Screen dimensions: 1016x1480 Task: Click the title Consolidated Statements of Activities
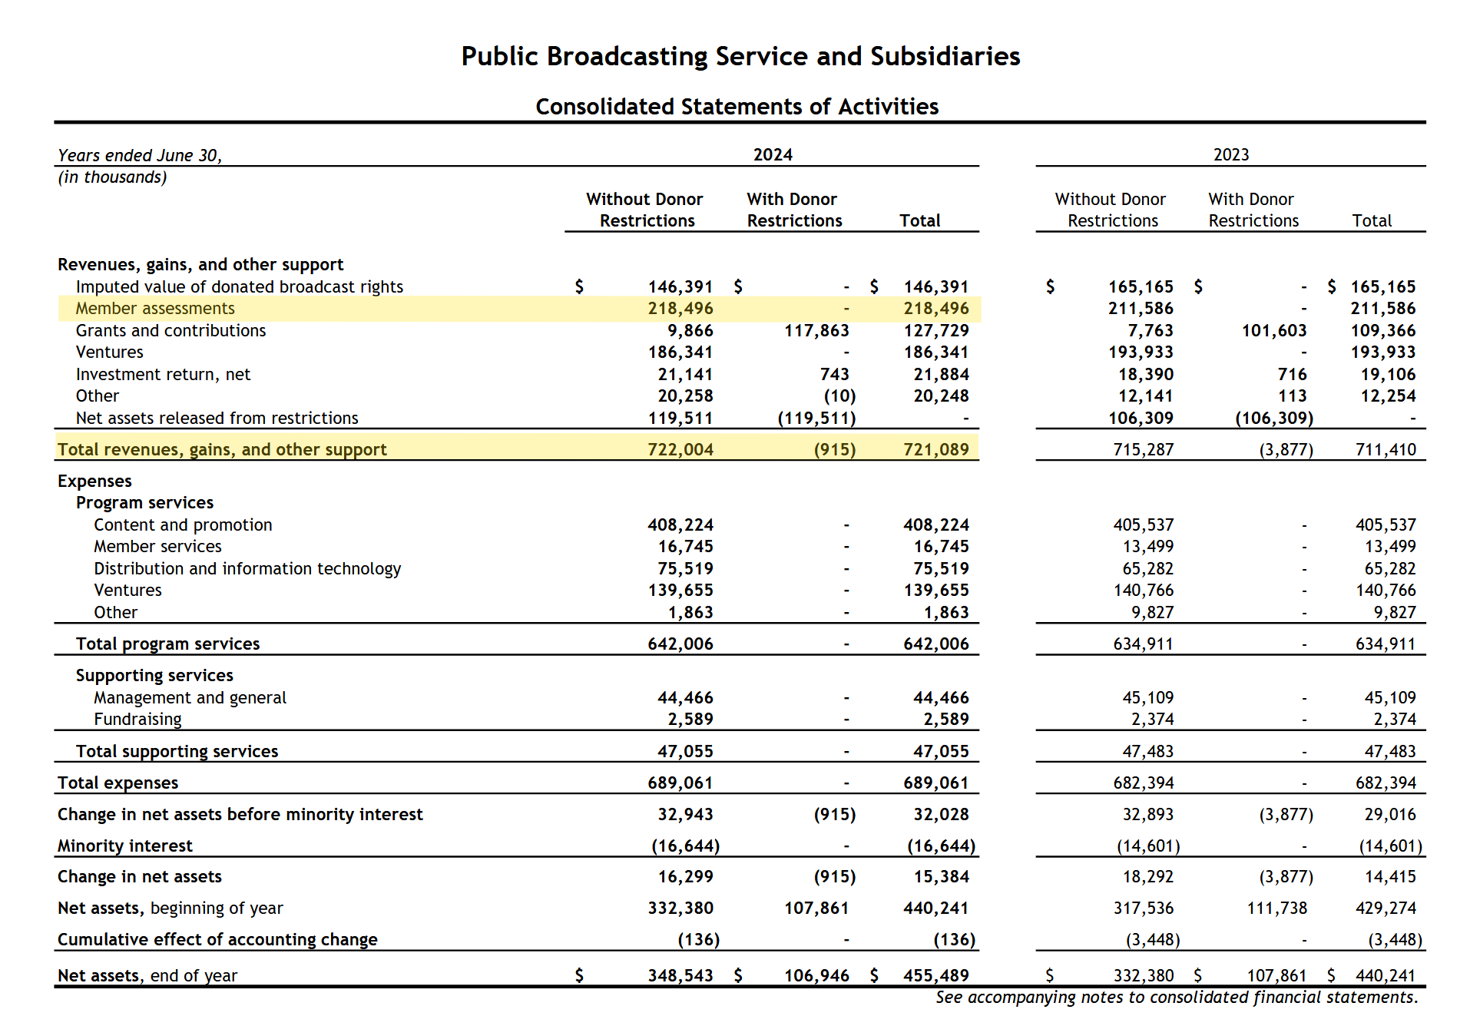click(737, 107)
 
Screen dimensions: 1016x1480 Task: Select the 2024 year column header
click(772, 154)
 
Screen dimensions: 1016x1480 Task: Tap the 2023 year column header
click(1230, 154)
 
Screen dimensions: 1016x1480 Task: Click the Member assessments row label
click(155, 309)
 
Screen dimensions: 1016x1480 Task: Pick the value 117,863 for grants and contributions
click(816, 331)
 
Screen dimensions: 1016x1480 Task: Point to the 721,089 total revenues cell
click(935, 450)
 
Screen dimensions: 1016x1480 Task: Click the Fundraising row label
click(137, 720)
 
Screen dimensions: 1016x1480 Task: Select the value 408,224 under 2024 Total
click(935, 525)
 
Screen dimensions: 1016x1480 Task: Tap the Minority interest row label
click(125, 846)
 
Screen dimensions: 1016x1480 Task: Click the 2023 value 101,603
click(1273, 331)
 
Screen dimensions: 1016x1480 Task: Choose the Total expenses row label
click(118, 783)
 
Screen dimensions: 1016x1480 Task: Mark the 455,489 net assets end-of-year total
click(935, 976)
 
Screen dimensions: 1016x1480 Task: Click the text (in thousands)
click(112, 177)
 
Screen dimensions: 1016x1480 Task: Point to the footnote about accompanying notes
click(1176, 998)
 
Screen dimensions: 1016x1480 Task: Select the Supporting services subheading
click(154, 676)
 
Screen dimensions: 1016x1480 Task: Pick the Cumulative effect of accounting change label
click(217, 940)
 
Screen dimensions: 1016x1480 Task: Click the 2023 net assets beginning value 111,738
click(1276, 908)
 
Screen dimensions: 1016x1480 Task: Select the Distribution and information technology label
click(247, 569)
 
